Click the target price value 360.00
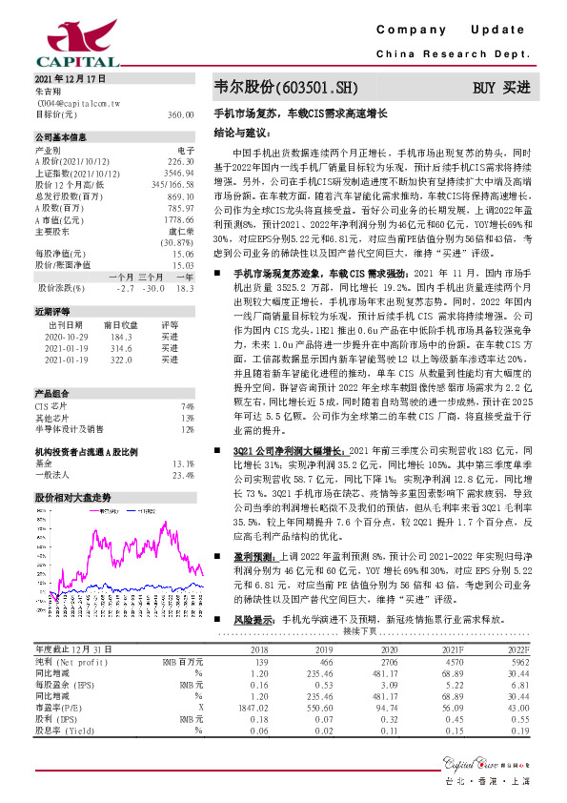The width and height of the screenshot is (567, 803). pyautogui.click(x=180, y=114)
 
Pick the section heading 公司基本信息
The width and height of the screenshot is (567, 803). pyautogui.click(x=60, y=136)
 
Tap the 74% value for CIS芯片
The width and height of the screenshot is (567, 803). pyautogui.click(x=188, y=407)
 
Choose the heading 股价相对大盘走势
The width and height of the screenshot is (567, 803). pyautogui.click(x=72, y=498)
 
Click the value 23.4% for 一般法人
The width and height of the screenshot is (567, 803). pyautogui.click(x=182, y=475)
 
